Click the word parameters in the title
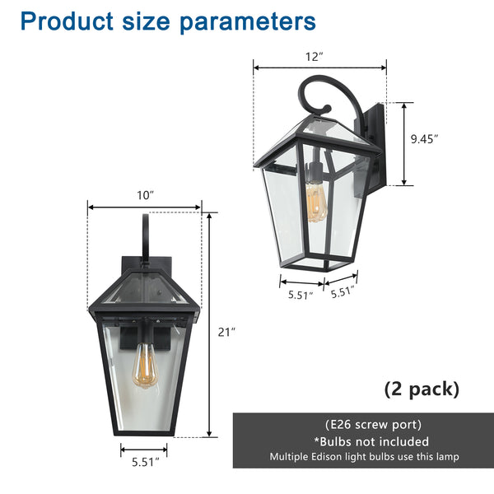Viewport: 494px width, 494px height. pyautogui.click(x=248, y=22)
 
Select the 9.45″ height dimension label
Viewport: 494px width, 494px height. pyautogui.click(x=424, y=139)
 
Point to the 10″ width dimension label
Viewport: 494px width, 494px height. pyautogui.click(x=146, y=195)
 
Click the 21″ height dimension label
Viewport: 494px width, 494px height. pyautogui.click(x=227, y=332)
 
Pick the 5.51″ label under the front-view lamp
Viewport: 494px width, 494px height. pyautogui.click(x=143, y=464)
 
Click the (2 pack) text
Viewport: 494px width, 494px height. pyautogui.click(x=422, y=389)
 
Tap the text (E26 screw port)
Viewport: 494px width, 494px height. pyautogui.click(x=362, y=425)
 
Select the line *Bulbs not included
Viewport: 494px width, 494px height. pyautogui.click(x=362, y=441)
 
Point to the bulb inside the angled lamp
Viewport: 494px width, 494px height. pyautogui.click(x=315, y=202)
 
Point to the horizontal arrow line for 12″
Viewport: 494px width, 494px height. pyautogui.click(x=319, y=69)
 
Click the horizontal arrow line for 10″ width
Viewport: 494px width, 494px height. pyautogui.click(x=145, y=207)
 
